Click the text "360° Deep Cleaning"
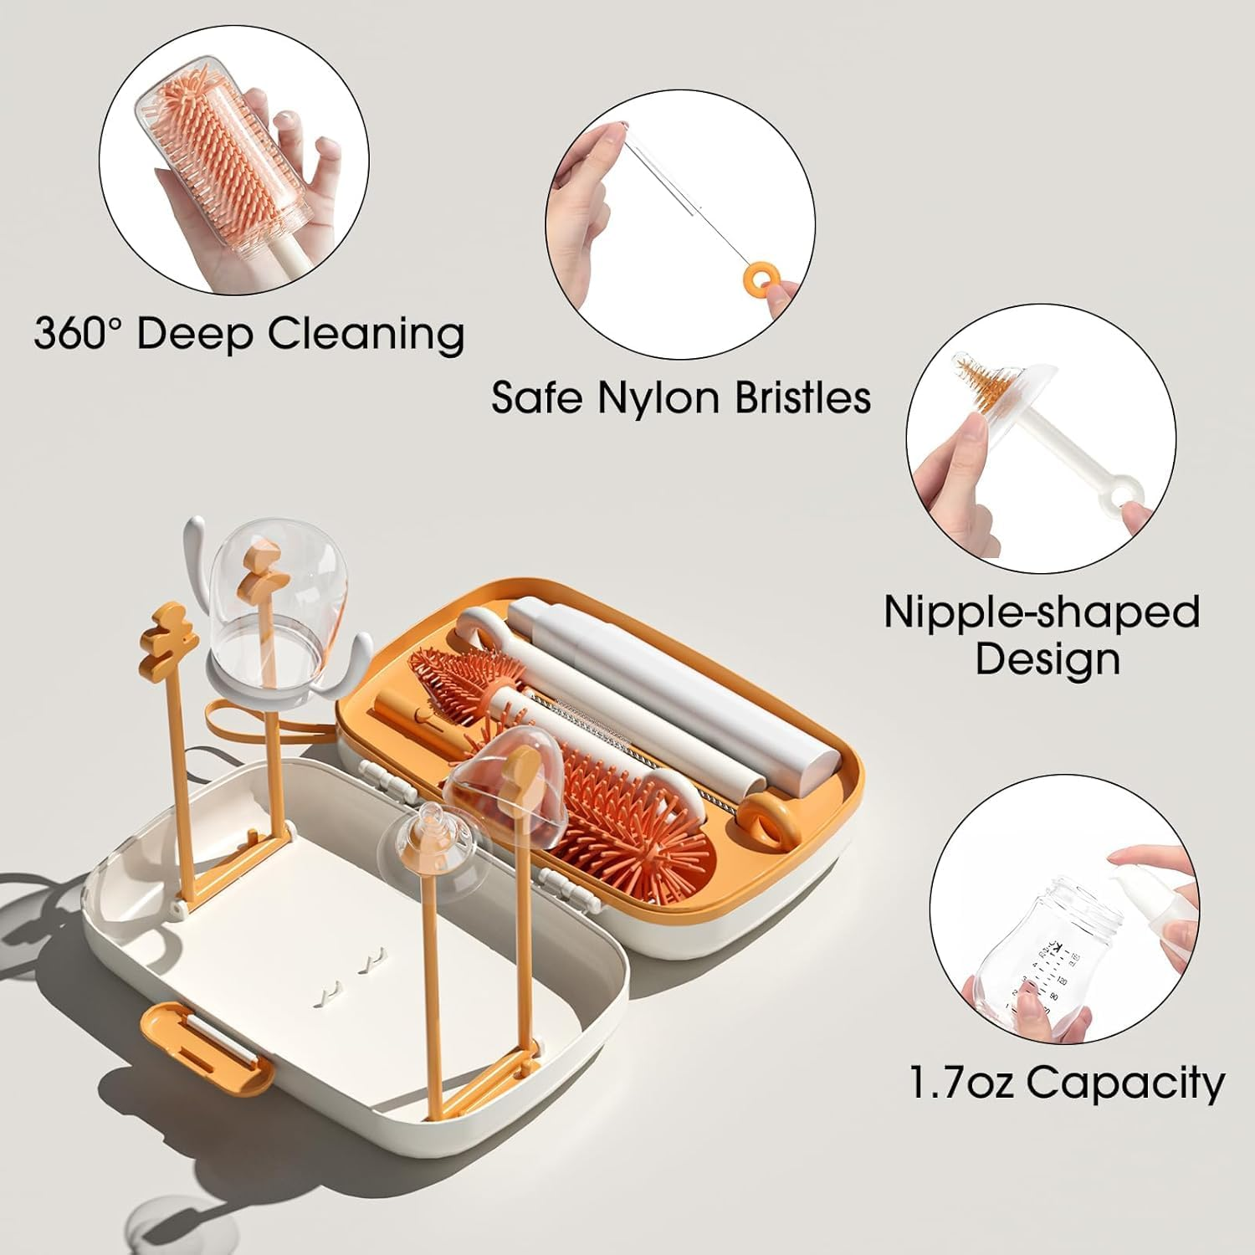coord(249,333)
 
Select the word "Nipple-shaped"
coord(1042,612)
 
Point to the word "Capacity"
coord(1125,1083)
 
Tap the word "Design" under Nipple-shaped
coord(1047,659)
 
